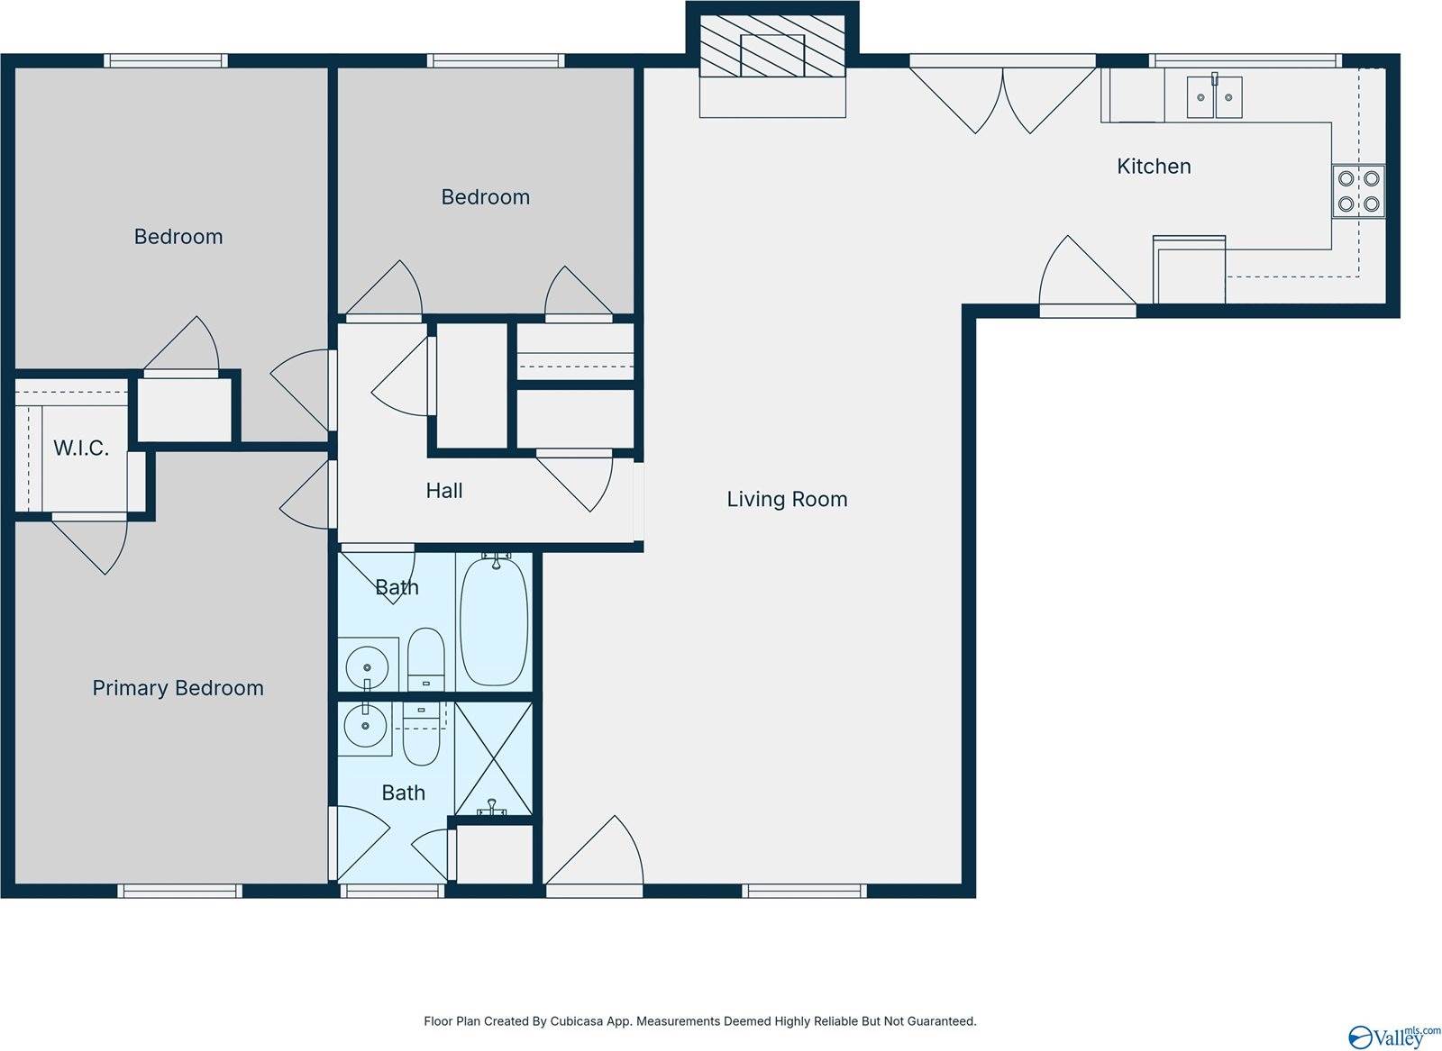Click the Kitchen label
tap(1154, 167)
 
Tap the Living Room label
tap(787, 499)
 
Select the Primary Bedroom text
tap(178, 688)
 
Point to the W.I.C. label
tap(80, 448)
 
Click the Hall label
tap(444, 491)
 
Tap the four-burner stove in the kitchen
tap(1358, 191)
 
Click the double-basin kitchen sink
tap(1214, 97)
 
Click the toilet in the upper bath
tap(425, 658)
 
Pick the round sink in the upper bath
tap(367, 666)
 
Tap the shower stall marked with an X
tap(493, 759)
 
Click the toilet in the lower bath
tap(422, 733)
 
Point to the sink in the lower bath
tap(365, 726)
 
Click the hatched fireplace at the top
tap(771, 46)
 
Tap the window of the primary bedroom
tap(179, 891)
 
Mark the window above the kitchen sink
tap(1246, 60)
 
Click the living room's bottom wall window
tap(804, 891)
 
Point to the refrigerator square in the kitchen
tap(1189, 269)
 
